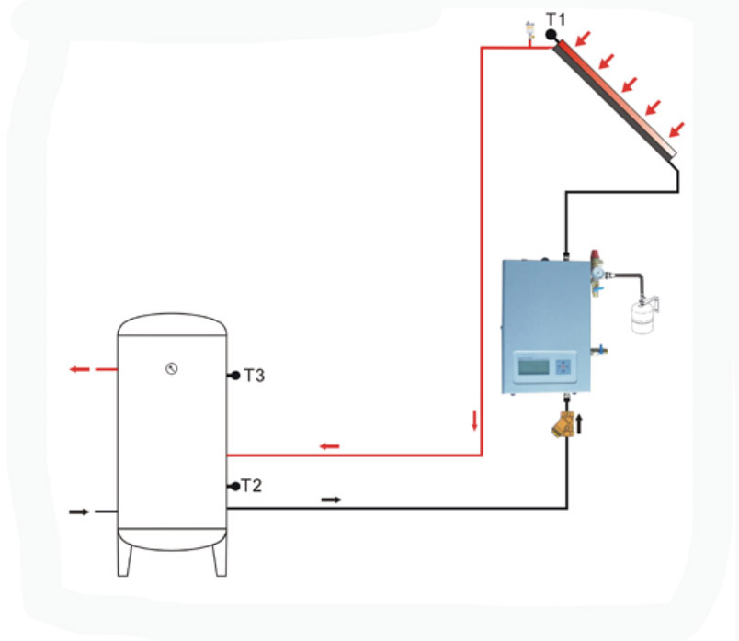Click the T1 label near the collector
[x=558, y=18]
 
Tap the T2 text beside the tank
[x=251, y=485]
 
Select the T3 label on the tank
[x=255, y=375]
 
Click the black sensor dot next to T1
[x=551, y=35]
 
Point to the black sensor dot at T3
[x=235, y=376]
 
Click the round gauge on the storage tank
[x=171, y=369]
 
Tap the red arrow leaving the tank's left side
[x=80, y=369]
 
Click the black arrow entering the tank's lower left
[x=80, y=512]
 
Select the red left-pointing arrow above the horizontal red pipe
[x=329, y=446]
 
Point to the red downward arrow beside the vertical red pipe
[x=474, y=422]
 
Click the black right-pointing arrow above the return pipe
[x=331, y=500]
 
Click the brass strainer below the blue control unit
[x=563, y=424]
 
